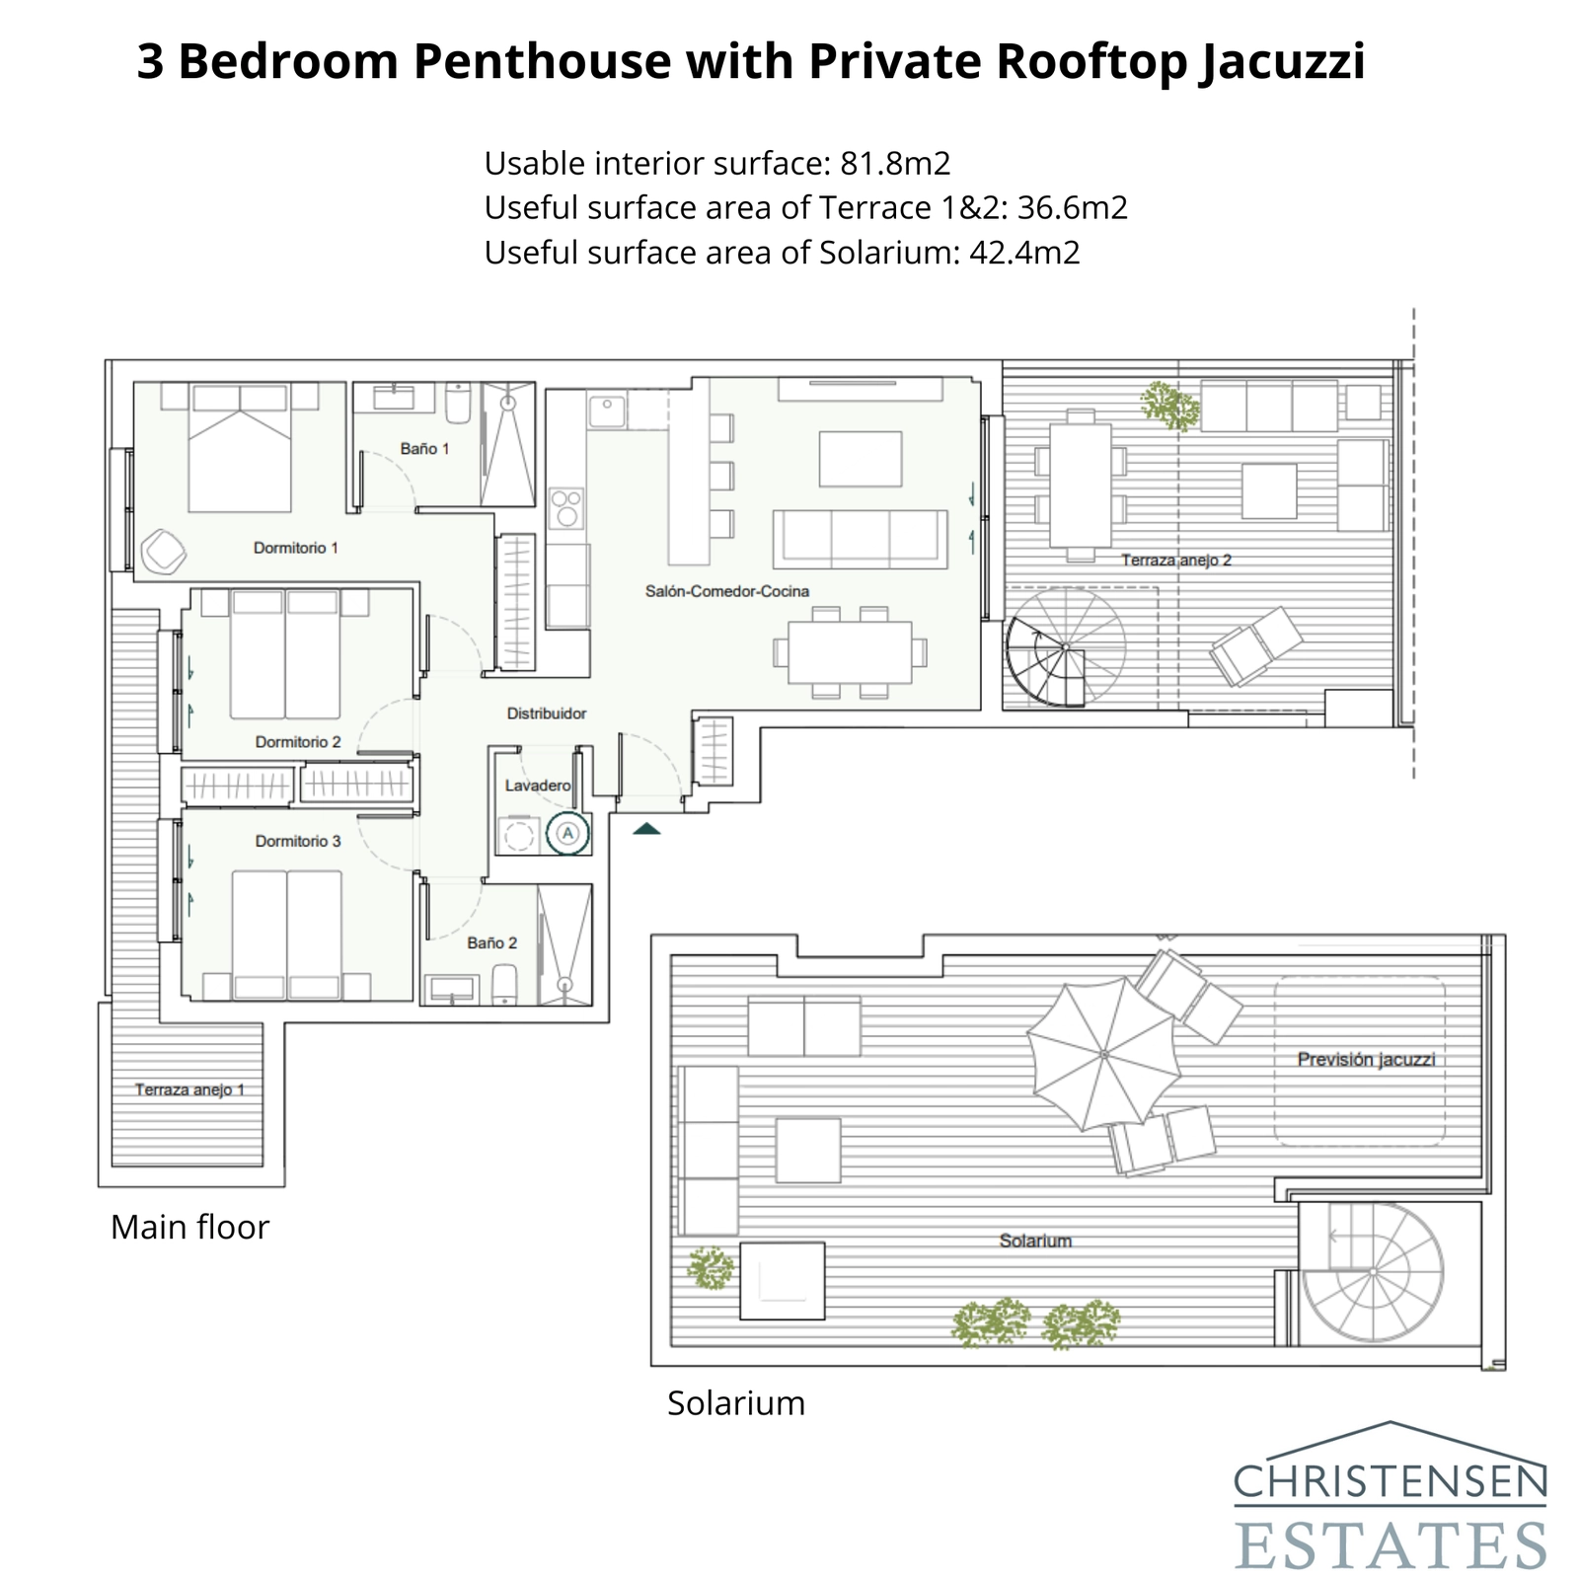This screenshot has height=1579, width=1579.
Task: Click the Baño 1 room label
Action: (424, 449)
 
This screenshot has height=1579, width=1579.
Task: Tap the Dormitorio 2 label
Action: (298, 742)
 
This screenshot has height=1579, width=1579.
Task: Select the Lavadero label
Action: (538, 786)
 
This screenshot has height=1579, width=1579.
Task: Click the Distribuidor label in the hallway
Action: (547, 714)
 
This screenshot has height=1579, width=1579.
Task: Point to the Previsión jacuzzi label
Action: (1366, 1060)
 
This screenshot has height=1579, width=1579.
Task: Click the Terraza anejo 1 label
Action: (189, 1090)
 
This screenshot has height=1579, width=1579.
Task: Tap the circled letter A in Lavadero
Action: (567, 833)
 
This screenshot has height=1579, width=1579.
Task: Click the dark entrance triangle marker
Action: (646, 829)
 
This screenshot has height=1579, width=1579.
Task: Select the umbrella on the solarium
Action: (1103, 1054)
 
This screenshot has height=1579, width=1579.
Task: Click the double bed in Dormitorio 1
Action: (240, 449)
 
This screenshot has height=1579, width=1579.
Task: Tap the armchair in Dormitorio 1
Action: (163, 551)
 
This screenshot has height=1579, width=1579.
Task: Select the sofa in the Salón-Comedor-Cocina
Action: (861, 538)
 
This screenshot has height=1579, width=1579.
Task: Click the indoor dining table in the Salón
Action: (850, 652)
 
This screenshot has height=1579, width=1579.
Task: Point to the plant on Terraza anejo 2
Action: (1168, 406)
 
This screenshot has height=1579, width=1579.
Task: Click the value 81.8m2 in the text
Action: (894, 163)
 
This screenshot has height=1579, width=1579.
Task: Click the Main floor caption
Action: (189, 1227)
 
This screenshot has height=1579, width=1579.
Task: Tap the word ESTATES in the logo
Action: (1391, 1545)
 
